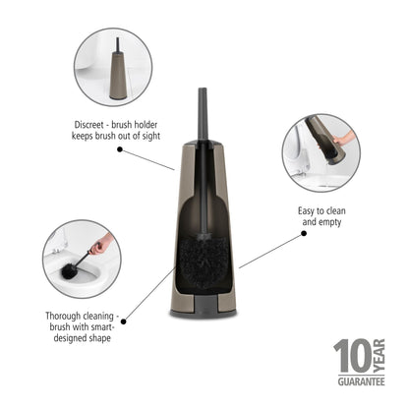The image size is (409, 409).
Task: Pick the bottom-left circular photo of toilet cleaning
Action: pos(80,260)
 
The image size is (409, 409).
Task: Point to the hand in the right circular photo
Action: pos(339,143)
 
